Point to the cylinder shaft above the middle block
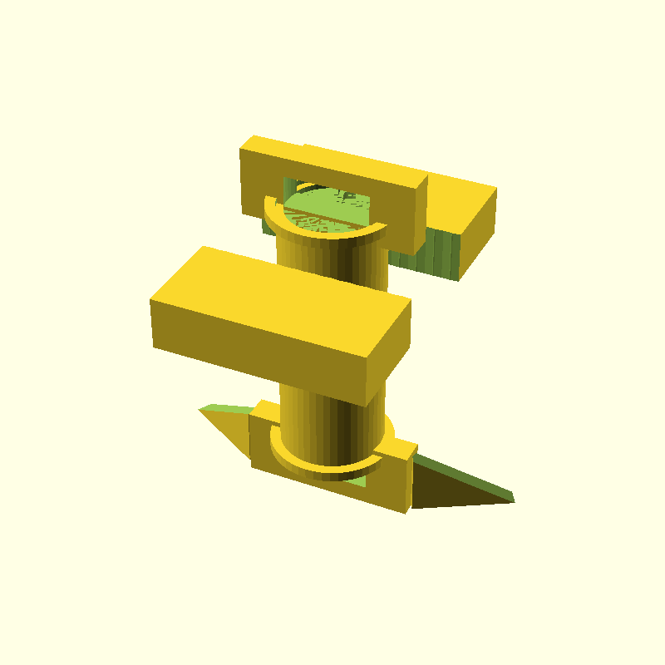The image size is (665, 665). coord(332,262)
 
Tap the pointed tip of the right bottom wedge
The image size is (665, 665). coord(511,500)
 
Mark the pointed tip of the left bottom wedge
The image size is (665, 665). coord(202,408)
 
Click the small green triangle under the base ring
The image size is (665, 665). coord(357,481)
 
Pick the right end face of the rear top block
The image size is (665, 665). coord(478,233)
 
